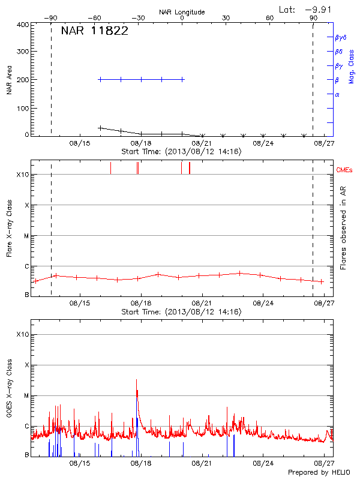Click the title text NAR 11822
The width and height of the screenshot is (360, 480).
[94, 32]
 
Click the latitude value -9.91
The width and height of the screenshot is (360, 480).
[317, 9]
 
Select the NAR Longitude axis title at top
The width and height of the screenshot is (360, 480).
[182, 12]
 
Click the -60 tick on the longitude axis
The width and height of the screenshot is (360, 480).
[95, 18]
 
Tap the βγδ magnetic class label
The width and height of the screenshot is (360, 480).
[340, 37]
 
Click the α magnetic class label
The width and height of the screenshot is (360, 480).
[337, 94]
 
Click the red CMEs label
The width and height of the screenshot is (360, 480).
[345, 170]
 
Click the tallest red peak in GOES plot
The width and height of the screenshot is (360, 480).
[137, 380]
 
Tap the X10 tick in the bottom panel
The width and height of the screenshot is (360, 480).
[22, 334]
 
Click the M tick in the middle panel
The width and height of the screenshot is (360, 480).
[26, 236]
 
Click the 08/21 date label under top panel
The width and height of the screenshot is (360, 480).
[202, 143]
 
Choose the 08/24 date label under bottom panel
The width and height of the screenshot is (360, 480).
[263, 463]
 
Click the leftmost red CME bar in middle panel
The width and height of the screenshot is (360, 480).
[110, 168]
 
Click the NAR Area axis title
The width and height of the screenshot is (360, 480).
[9, 80]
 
